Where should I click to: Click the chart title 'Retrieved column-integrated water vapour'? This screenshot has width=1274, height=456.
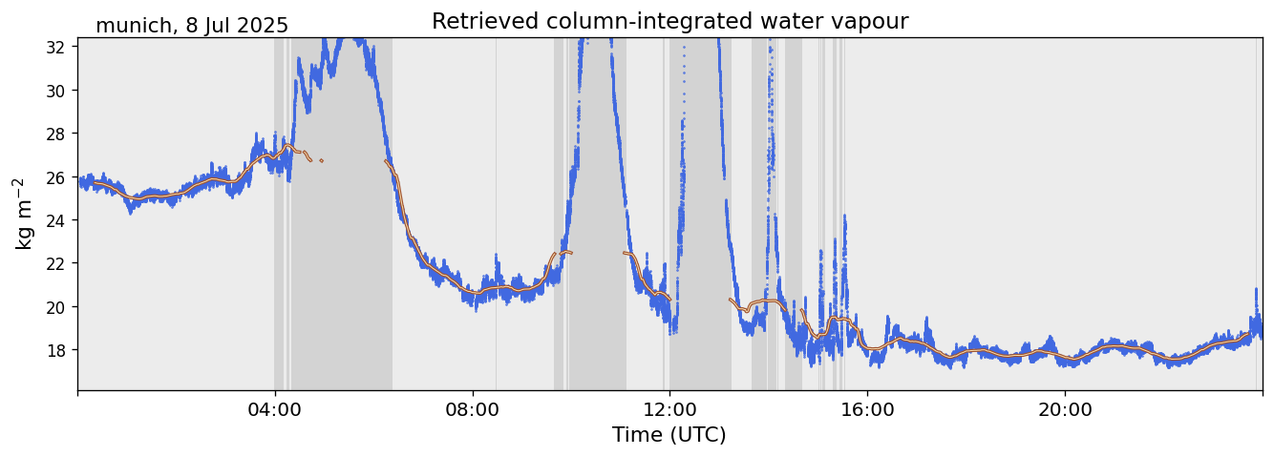pos(669,21)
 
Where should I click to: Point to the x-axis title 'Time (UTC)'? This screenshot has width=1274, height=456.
pos(669,435)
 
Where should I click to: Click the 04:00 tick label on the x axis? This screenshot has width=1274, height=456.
pos(275,409)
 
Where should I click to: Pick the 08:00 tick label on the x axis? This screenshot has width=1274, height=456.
pos(473,409)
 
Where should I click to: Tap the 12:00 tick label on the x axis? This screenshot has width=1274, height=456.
pos(670,409)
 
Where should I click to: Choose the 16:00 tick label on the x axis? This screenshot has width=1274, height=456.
pos(867,409)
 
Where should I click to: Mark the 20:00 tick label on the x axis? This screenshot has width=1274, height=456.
pos(1065,409)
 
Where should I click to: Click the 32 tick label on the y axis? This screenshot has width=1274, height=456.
pos(56,47)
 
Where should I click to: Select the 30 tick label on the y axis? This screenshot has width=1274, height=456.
pos(56,91)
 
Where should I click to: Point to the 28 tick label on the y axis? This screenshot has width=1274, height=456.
pos(56,134)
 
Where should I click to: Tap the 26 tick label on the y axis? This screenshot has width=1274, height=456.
pos(56,177)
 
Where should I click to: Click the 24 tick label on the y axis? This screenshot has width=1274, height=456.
pos(56,220)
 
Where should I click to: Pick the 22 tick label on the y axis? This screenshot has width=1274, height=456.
pos(56,263)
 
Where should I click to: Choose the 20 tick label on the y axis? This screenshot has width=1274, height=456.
pos(56,307)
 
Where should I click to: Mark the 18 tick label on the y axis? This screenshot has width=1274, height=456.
pos(56,350)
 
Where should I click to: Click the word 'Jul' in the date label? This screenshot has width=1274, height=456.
pos(211,26)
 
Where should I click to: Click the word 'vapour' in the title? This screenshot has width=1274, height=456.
pos(872,22)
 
